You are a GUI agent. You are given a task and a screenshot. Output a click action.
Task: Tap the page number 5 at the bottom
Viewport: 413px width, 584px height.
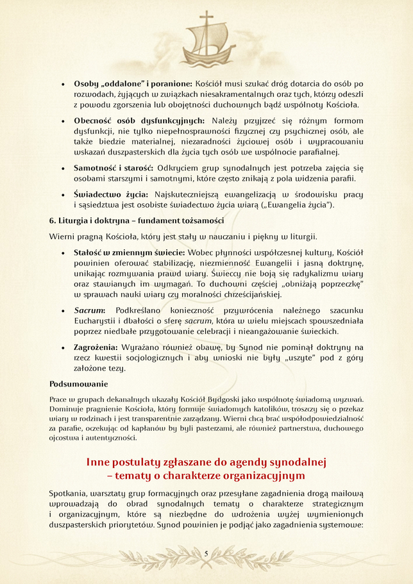[x=206, y=553]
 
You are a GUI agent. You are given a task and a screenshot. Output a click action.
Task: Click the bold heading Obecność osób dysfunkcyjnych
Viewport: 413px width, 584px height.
[x=139, y=121]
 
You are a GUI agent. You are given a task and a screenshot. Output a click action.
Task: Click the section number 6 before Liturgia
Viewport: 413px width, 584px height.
[x=52, y=221]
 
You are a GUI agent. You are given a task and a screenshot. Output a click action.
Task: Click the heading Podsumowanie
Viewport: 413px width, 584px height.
[x=79, y=385]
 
